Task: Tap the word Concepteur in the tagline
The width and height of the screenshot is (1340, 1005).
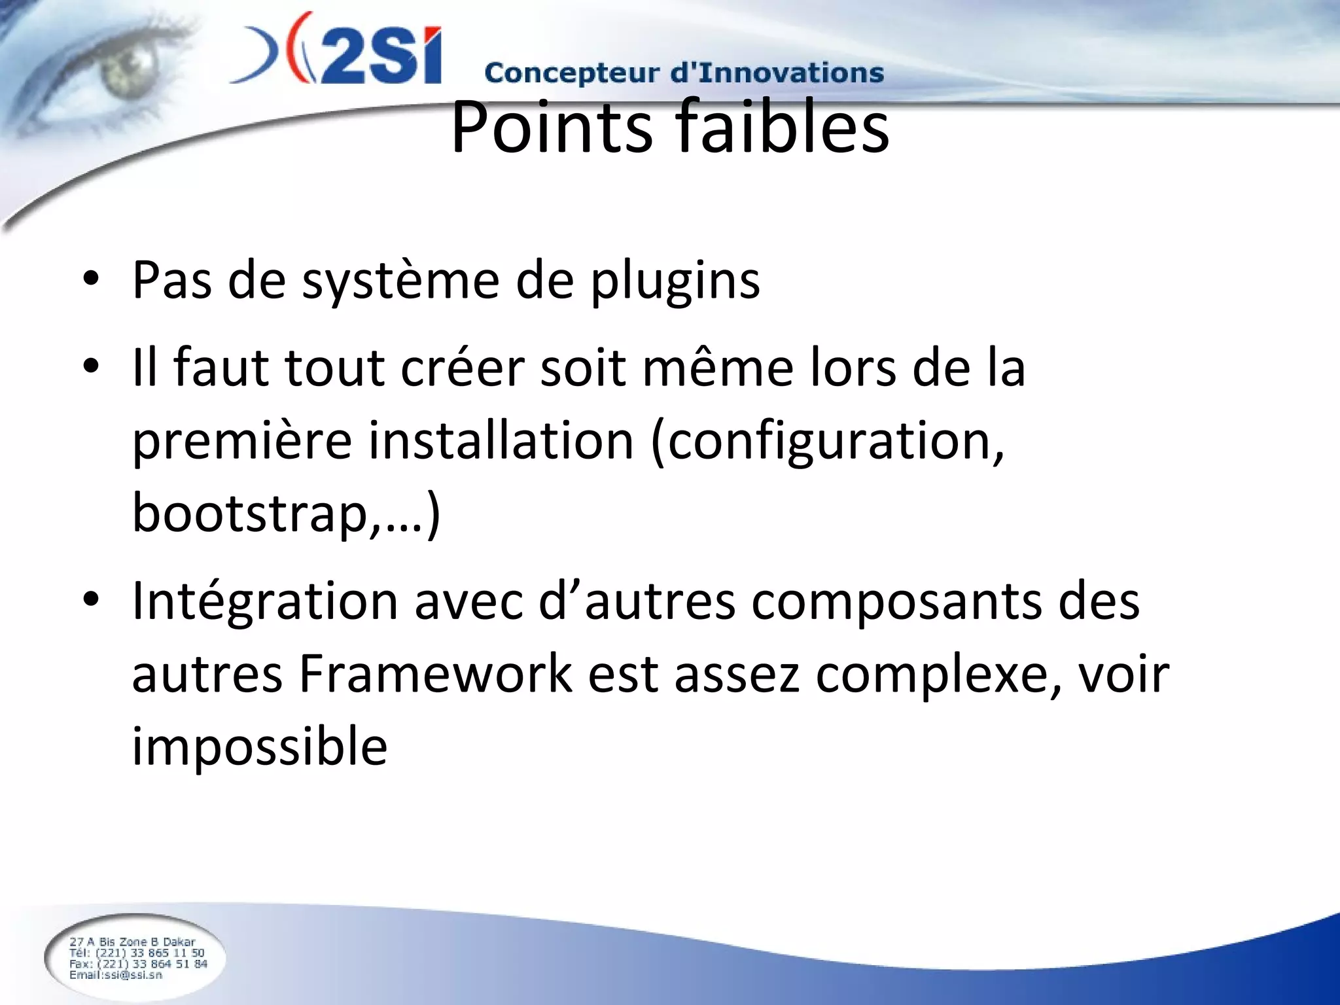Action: [571, 73]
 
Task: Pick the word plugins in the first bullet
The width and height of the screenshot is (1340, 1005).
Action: [675, 281]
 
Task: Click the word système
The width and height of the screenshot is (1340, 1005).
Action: [400, 281]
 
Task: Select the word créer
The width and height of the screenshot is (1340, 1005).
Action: [462, 368]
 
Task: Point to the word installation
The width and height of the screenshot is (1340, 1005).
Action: [501, 441]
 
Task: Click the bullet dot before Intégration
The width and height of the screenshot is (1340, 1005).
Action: [91, 598]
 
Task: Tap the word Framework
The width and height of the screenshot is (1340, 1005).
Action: [435, 674]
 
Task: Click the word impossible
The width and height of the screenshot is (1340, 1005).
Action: [260, 747]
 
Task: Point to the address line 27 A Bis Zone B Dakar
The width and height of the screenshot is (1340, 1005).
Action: [132, 942]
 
